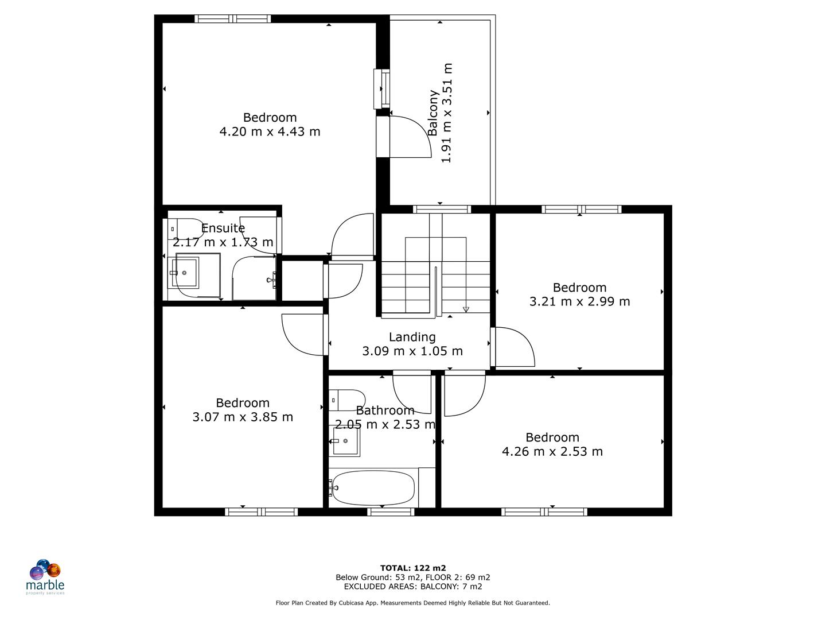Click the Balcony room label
tap(433, 113)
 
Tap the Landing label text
tap(412, 337)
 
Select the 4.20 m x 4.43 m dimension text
tap(270, 131)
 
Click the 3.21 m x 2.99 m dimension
tap(579, 301)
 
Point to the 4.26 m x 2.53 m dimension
tap(552, 451)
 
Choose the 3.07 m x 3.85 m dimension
tap(242, 417)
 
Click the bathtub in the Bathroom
tap(373, 487)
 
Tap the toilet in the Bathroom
tap(348, 400)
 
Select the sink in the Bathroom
tap(345, 441)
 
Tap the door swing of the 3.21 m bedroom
tap(514, 347)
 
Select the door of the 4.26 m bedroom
tap(465, 395)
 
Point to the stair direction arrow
tap(466, 309)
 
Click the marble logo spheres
tap(45, 570)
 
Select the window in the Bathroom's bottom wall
tap(391, 511)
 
